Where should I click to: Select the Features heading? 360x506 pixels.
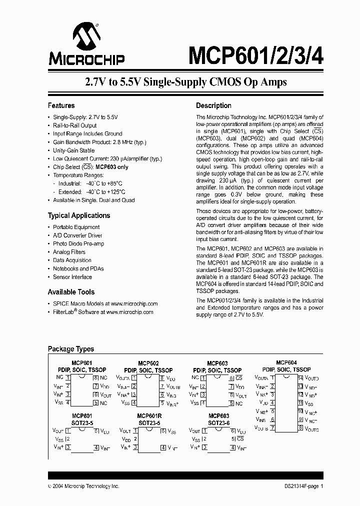coord(61,105)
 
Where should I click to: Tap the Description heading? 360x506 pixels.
coord(213,105)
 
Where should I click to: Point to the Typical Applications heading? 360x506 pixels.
coord(78,215)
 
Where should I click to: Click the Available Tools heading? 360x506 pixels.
coord(71,292)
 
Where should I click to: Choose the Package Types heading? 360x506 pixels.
coord(70,349)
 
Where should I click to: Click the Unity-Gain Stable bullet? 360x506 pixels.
coord(73,150)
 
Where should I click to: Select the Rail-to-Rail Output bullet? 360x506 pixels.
coord(74,125)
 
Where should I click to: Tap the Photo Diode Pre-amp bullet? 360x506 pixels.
coord(78,243)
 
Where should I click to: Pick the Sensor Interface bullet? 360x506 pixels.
coord(72,276)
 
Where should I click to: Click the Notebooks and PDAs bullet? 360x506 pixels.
coord(78,268)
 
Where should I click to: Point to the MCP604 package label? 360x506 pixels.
coord(286,362)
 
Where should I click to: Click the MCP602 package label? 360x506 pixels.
coord(148,363)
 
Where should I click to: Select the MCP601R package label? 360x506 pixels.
coord(149,416)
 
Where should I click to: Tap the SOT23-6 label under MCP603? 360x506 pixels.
coord(218,422)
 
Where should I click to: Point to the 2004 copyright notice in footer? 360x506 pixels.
coord(83,486)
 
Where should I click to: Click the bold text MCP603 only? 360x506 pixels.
coord(112,167)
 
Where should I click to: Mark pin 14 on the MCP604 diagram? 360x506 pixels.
coord(300,378)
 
